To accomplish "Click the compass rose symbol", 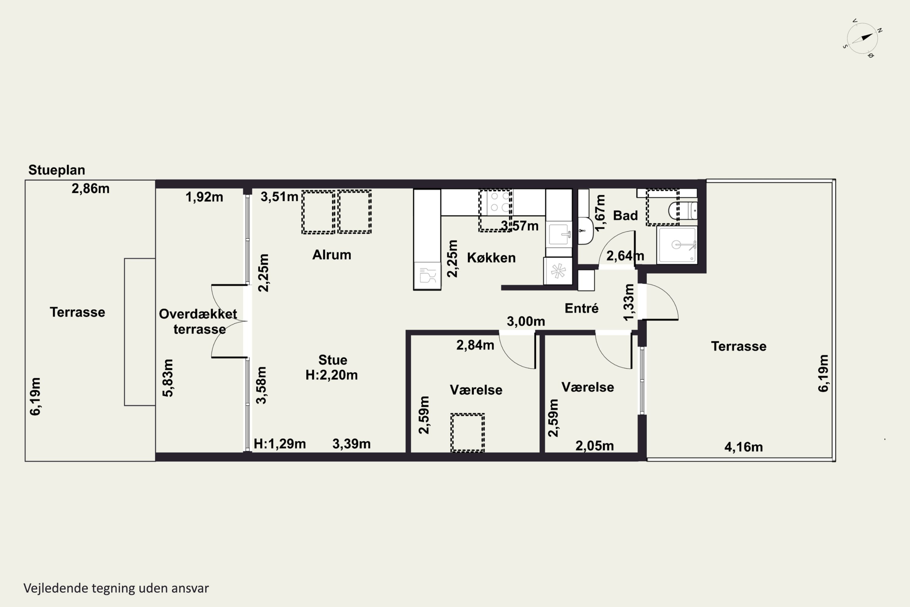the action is pyautogui.click(x=862, y=38).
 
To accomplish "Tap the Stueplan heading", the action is pyautogui.click(x=56, y=170).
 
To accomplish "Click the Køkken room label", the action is pyautogui.click(x=491, y=258).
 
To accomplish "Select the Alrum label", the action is pyautogui.click(x=332, y=255).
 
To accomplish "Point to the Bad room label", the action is pyautogui.click(x=625, y=215).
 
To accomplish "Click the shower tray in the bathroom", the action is pyautogui.click(x=677, y=245).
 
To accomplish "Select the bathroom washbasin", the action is pyautogui.click(x=585, y=231).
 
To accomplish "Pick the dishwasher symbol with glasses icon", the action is pyautogui.click(x=427, y=275).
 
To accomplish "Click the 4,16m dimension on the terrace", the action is pyautogui.click(x=743, y=447).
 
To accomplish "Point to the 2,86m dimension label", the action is pyautogui.click(x=90, y=188).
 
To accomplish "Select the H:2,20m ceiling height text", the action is pyautogui.click(x=332, y=375).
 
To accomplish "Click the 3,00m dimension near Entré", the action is pyautogui.click(x=526, y=321).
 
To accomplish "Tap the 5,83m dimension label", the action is pyautogui.click(x=168, y=378).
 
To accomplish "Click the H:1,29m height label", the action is pyautogui.click(x=280, y=444).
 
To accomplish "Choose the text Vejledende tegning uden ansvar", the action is pyautogui.click(x=116, y=588).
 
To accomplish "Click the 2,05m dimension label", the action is pyautogui.click(x=595, y=446).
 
